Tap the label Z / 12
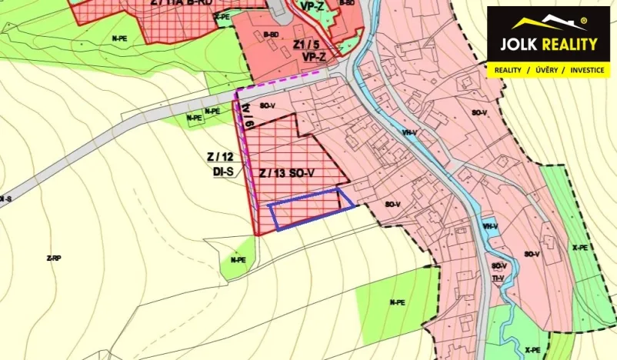click(x=220, y=156)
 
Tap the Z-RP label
click(x=53, y=258)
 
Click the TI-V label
click(x=498, y=278)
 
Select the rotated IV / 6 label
click(x=248, y=118)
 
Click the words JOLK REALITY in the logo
click(x=548, y=44)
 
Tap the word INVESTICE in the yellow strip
click(x=586, y=70)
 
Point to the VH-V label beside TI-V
click(x=490, y=226)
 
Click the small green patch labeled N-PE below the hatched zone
click(x=238, y=260)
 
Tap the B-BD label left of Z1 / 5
click(x=270, y=35)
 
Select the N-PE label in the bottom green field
click(x=397, y=302)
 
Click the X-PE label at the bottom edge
click(x=532, y=351)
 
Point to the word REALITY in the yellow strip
click(x=508, y=70)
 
